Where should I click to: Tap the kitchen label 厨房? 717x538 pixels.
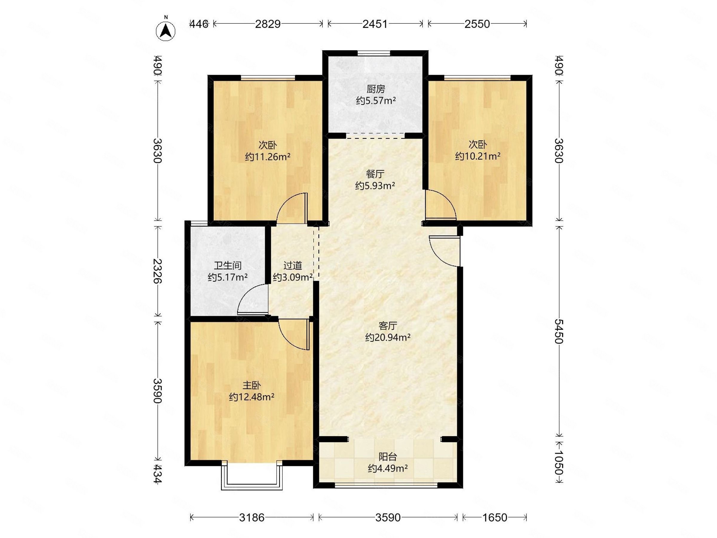[376, 88]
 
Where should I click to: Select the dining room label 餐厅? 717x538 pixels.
[375, 174]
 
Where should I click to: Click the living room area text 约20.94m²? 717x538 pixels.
[388, 337]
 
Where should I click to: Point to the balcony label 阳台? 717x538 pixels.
[388, 457]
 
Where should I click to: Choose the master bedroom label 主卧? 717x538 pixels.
[252, 385]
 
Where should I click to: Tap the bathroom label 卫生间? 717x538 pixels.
[228, 266]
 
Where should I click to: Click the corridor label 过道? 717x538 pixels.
[292, 266]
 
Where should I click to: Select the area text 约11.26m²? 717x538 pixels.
[267, 157]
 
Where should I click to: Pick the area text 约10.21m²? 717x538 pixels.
[477, 156]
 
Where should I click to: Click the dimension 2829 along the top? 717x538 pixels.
[268, 24]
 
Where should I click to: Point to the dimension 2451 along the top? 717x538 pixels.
[375, 24]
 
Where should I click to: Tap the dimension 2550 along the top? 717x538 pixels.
[477, 24]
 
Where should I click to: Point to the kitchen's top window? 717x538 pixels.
[374, 53]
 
